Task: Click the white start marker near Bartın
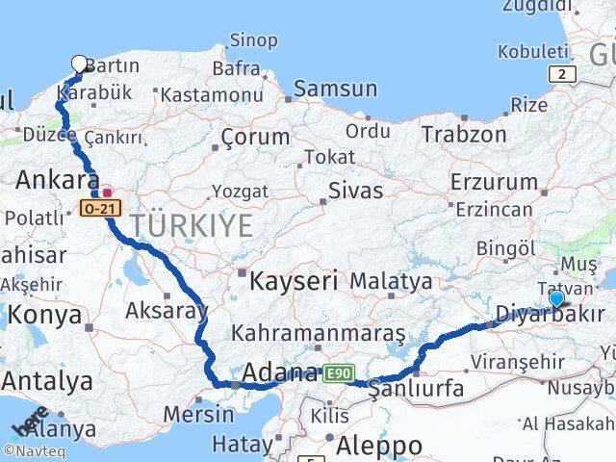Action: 79,64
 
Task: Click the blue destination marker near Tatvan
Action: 556,298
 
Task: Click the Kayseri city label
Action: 294,282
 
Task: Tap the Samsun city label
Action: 335,89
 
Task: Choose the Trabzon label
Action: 464,134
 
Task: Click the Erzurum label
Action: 494,181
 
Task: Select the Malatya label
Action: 391,281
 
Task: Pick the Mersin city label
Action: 198,415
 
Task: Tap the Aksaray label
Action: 167,310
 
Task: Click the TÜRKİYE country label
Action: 192,227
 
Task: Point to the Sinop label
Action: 253,41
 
